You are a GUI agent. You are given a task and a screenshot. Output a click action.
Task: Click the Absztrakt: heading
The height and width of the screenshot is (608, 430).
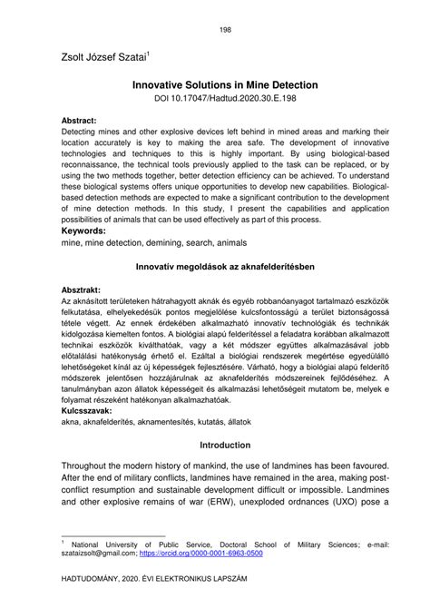tap(85, 289)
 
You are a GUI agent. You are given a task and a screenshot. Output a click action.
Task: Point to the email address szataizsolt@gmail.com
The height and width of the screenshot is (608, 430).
tap(95, 552)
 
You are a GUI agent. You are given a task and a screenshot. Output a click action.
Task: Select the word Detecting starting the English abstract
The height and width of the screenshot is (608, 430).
tap(83, 132)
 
